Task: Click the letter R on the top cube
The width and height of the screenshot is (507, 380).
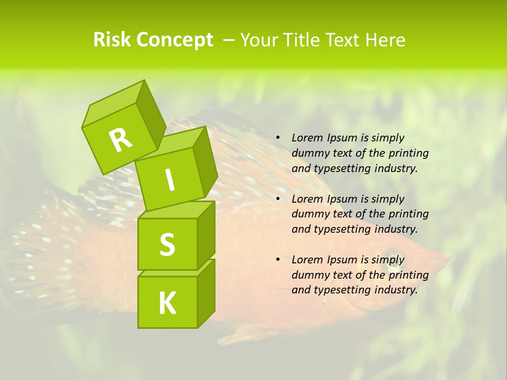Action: pos(120,140)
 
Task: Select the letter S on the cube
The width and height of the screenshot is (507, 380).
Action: pos(167,244)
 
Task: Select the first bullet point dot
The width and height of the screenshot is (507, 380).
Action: pos(278,138)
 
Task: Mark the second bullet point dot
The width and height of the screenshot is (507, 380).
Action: pos(278,199)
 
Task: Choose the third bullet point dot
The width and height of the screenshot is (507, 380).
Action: pos(278,260)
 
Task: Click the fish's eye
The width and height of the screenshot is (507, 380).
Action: pos(389,254)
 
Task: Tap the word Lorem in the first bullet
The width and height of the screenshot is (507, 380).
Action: pos(307,138)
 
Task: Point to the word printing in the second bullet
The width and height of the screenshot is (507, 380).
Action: pos(408,214)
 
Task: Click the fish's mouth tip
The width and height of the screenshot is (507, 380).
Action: pos(448,259)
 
